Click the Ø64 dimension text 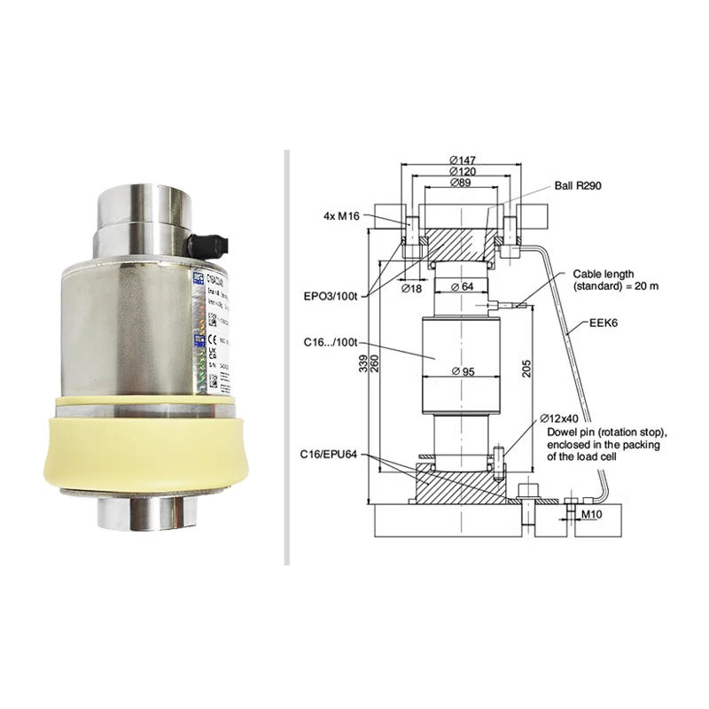pos(464,285)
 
